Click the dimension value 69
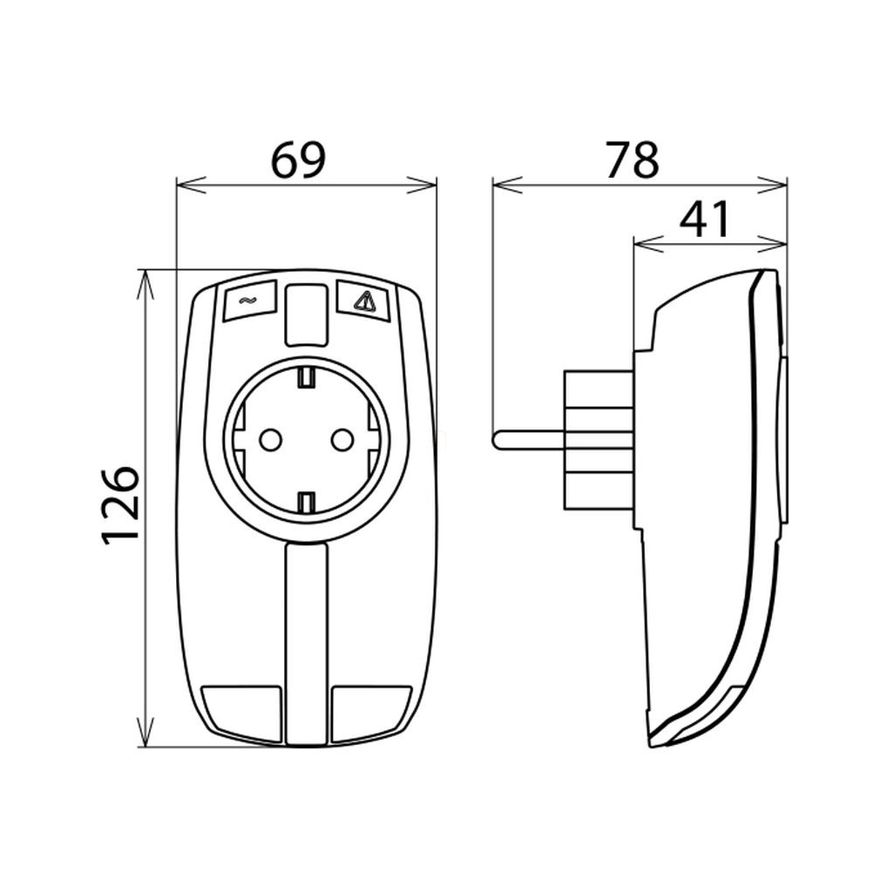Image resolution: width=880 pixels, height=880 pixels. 298,160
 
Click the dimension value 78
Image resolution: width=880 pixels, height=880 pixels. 632,160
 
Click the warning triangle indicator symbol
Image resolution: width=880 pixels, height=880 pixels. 363,302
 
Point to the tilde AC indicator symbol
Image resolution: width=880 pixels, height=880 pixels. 245,301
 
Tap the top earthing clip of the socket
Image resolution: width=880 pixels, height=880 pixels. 306,377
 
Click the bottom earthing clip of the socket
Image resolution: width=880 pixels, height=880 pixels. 306,502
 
